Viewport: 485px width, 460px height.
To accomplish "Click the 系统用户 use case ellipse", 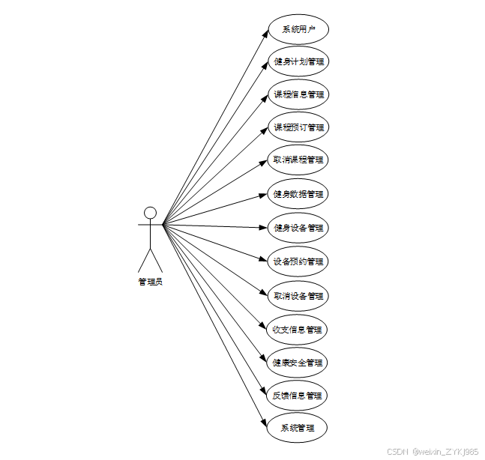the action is tap(298, 30).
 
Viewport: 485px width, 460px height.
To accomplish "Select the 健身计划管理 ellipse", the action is tap(298, 61).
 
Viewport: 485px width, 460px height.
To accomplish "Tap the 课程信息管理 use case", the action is tap(298, 95).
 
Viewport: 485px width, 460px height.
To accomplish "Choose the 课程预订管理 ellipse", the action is tap(298, 127).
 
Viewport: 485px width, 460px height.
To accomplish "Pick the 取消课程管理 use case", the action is tap(298, 160).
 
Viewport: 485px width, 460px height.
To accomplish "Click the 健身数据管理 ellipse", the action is tap(298, 194).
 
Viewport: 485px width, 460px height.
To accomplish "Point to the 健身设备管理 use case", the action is tap(298, 228).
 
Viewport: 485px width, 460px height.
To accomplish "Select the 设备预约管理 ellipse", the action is tap(298, 261).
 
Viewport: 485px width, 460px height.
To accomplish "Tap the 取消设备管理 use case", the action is tap(298, 296).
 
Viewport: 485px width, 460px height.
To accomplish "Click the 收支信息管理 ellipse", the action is tap(298, 330).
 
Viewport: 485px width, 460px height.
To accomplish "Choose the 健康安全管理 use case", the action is tap(298, 363).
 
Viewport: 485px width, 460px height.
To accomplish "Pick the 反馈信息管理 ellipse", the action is tap(298, 395).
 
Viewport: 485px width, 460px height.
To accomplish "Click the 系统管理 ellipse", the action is tap(298, 428).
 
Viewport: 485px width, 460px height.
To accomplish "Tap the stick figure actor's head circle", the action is tap(150, 213).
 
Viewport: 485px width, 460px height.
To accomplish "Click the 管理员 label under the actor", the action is tap(150, 282).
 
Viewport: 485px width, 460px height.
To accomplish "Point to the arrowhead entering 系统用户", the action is tap(265, 34).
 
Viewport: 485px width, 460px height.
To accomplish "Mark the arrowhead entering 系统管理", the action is tap(265, 423).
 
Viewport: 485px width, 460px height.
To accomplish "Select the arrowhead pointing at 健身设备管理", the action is tap(264, 227).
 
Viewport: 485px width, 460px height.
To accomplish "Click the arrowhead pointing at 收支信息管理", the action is tap(264, 327).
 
